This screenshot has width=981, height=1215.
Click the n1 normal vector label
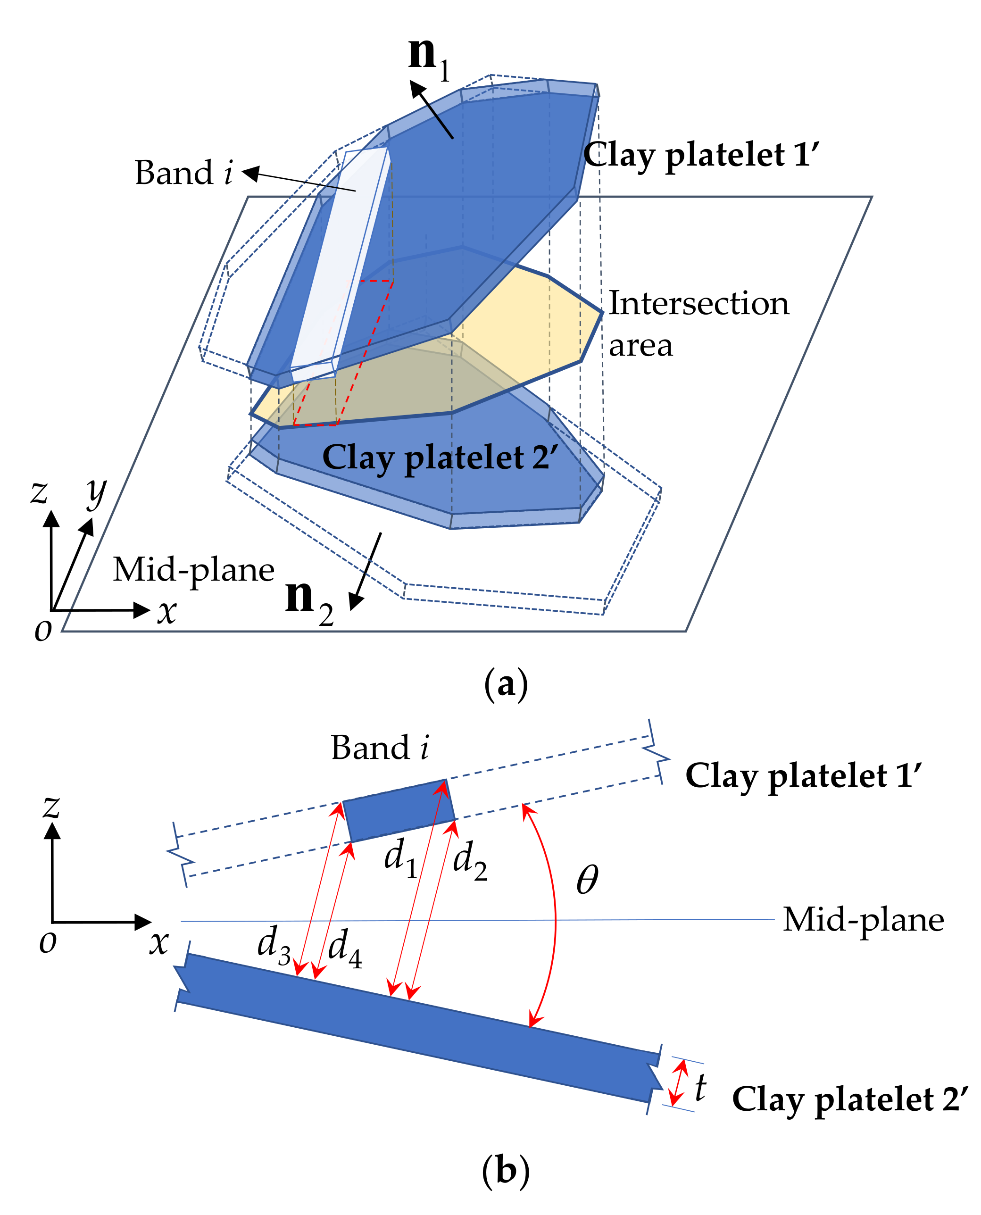click(x=428, y=59)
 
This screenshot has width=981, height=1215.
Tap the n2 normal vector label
click(x=309, y=601)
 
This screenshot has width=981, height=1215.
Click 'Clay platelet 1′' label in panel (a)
click(x=701, y=155)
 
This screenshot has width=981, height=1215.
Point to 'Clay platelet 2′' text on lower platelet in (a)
click(x=440, y=458)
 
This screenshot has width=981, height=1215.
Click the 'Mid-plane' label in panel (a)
click(x=193, y=570)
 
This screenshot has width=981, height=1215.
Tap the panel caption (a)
click(x=506, y=684)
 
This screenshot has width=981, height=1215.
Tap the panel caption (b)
click(x=506, y=1170)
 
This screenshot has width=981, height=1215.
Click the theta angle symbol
click(x=587, y=880)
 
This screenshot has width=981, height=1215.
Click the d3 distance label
click(x=274, y=944)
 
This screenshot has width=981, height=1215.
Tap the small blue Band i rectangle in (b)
click(x=399, y=810)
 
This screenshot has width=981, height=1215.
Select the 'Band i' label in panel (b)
click(x=380, y=748)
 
